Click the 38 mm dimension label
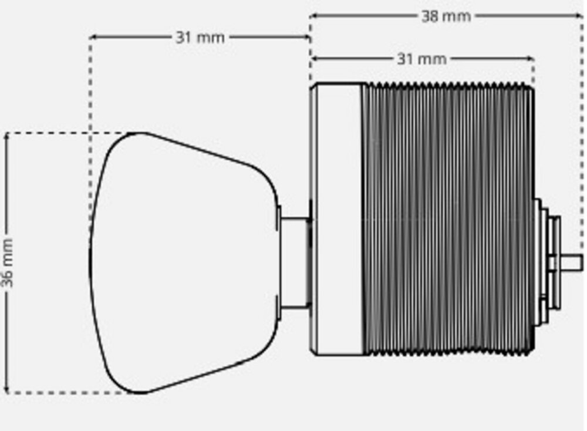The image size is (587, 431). (446, 16)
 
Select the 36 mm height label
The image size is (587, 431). (7, 263)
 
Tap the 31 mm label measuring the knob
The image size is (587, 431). (200, 38)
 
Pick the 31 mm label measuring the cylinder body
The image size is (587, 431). (421, 59)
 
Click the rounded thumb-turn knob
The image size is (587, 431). (183, 263)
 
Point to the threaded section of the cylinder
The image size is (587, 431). (448, 219)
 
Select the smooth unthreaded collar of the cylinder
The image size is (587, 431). (336, 219)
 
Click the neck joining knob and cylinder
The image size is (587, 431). (295, 262)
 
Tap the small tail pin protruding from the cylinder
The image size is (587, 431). (572, 262)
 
